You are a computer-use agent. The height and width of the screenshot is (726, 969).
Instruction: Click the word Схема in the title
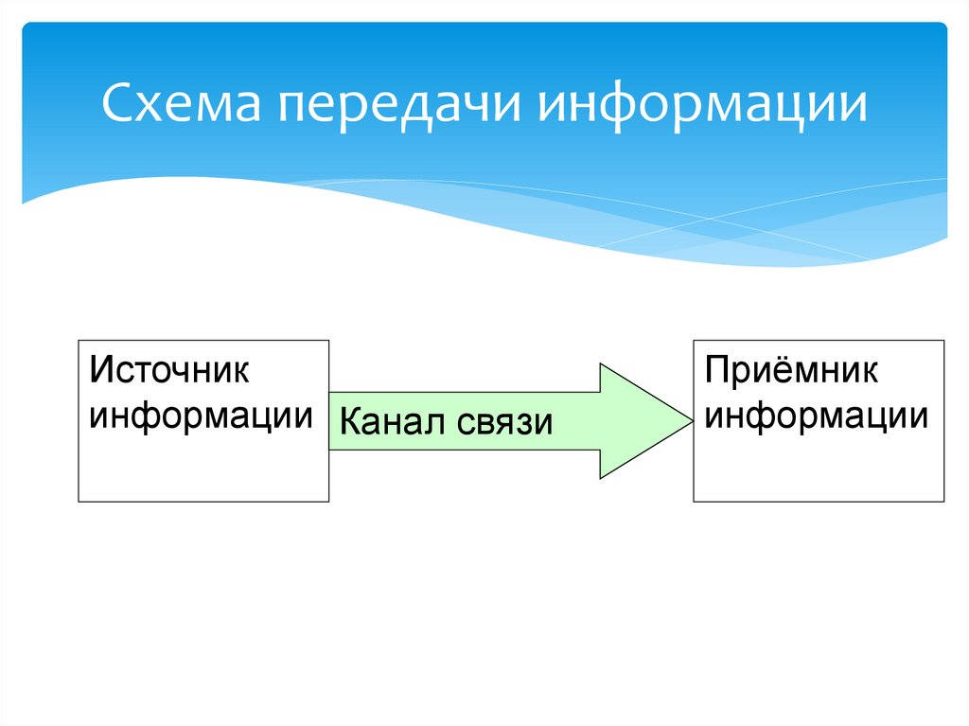182,102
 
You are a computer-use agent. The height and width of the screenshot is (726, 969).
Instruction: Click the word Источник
169,370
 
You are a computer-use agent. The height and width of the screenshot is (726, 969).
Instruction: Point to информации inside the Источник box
201,416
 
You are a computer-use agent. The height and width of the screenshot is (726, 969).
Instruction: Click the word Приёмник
791,370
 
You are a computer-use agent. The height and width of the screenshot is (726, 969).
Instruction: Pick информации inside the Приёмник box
817,416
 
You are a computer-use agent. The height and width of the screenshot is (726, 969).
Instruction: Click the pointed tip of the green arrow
692,421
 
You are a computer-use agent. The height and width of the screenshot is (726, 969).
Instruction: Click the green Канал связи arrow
511,421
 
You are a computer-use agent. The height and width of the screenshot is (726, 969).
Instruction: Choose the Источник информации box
203,420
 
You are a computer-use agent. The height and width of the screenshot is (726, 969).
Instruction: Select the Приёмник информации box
819,420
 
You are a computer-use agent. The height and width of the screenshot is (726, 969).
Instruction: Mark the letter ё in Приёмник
779,371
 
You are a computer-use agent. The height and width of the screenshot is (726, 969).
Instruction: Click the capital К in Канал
350,422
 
